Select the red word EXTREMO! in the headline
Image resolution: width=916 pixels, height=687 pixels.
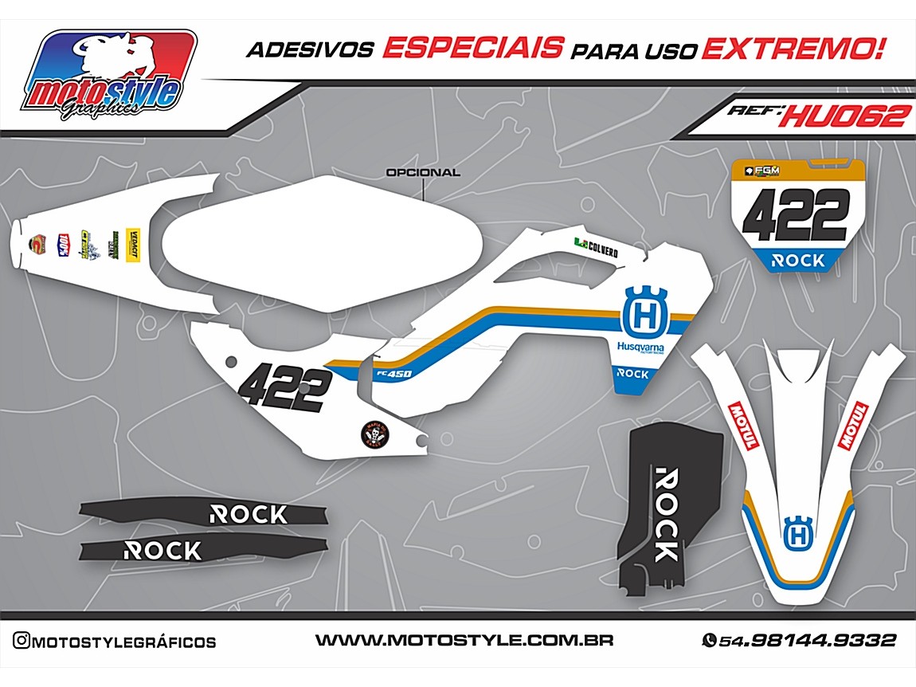793,49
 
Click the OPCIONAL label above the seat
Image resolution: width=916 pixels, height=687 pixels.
422,172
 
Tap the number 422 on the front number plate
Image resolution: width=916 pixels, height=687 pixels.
800,214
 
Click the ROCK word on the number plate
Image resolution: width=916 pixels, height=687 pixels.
799,260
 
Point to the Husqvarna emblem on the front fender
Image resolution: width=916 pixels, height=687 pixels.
796,532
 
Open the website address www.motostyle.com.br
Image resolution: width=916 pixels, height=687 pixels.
464,641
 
